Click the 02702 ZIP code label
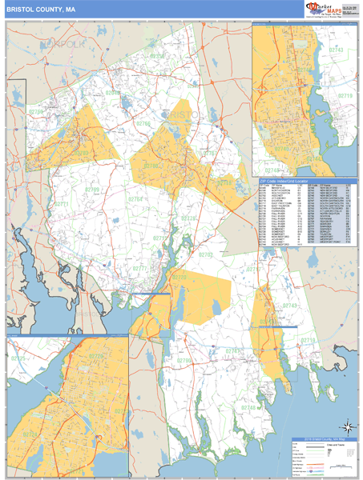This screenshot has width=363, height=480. [x=206, y=254]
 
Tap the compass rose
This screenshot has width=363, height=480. [x=345, y=426]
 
